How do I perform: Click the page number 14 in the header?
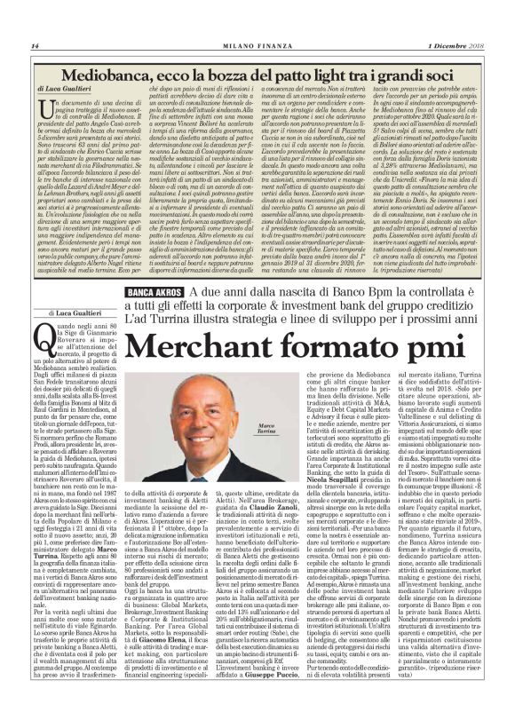coord(35,45)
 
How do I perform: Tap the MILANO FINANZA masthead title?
coord(257,45)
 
